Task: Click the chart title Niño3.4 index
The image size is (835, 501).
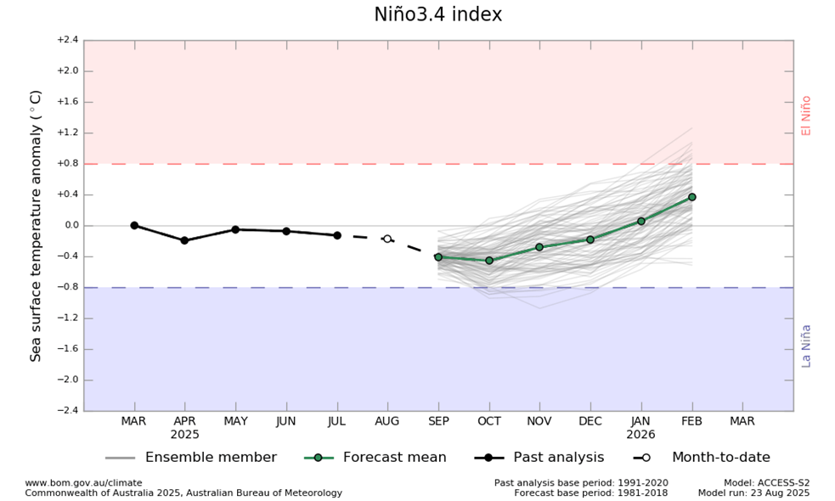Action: coord(437,14)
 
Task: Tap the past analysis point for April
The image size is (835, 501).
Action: coord(184,240)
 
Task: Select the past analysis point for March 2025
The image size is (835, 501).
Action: coord(134,225)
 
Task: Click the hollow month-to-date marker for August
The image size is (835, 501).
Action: coord(387,239)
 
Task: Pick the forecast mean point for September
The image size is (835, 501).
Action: coord(438,256)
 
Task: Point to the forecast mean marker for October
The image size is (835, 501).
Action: coord(489,260)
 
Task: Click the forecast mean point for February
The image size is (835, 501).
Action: coord(691,197)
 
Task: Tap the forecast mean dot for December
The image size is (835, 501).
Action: coord(590,239)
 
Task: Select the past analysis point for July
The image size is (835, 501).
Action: coord(337,235)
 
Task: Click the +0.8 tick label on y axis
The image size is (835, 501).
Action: coord(68,164)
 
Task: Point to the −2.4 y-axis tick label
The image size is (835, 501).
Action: coord(68,411)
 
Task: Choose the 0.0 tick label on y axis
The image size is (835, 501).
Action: coord(70,226)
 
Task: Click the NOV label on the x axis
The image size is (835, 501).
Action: coord(539,421)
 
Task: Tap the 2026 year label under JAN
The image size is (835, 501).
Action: coord(641,434)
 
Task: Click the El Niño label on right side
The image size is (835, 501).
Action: coord(806,115)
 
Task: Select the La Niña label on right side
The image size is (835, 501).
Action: coord(806,346)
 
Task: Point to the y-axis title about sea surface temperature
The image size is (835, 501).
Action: coord(37,226)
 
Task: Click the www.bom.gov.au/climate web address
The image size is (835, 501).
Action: coord(83,483)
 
